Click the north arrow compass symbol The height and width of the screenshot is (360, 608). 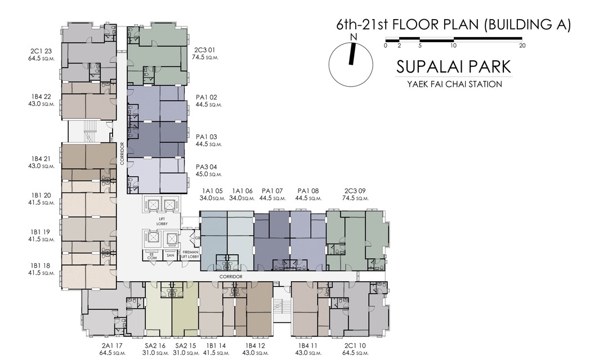pos(351,64)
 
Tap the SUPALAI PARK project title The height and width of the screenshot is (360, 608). pos(454,66)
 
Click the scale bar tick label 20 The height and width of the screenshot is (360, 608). pos(522,46)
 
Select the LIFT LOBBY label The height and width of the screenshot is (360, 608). pos(162,221)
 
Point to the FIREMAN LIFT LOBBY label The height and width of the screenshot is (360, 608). pos(190,254)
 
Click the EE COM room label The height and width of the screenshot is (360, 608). pos(151,256)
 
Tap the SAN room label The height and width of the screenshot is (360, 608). pos(170,255)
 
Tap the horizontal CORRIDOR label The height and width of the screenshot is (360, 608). pos(231,277)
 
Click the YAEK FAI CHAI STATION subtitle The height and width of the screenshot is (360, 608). pos(454,84)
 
